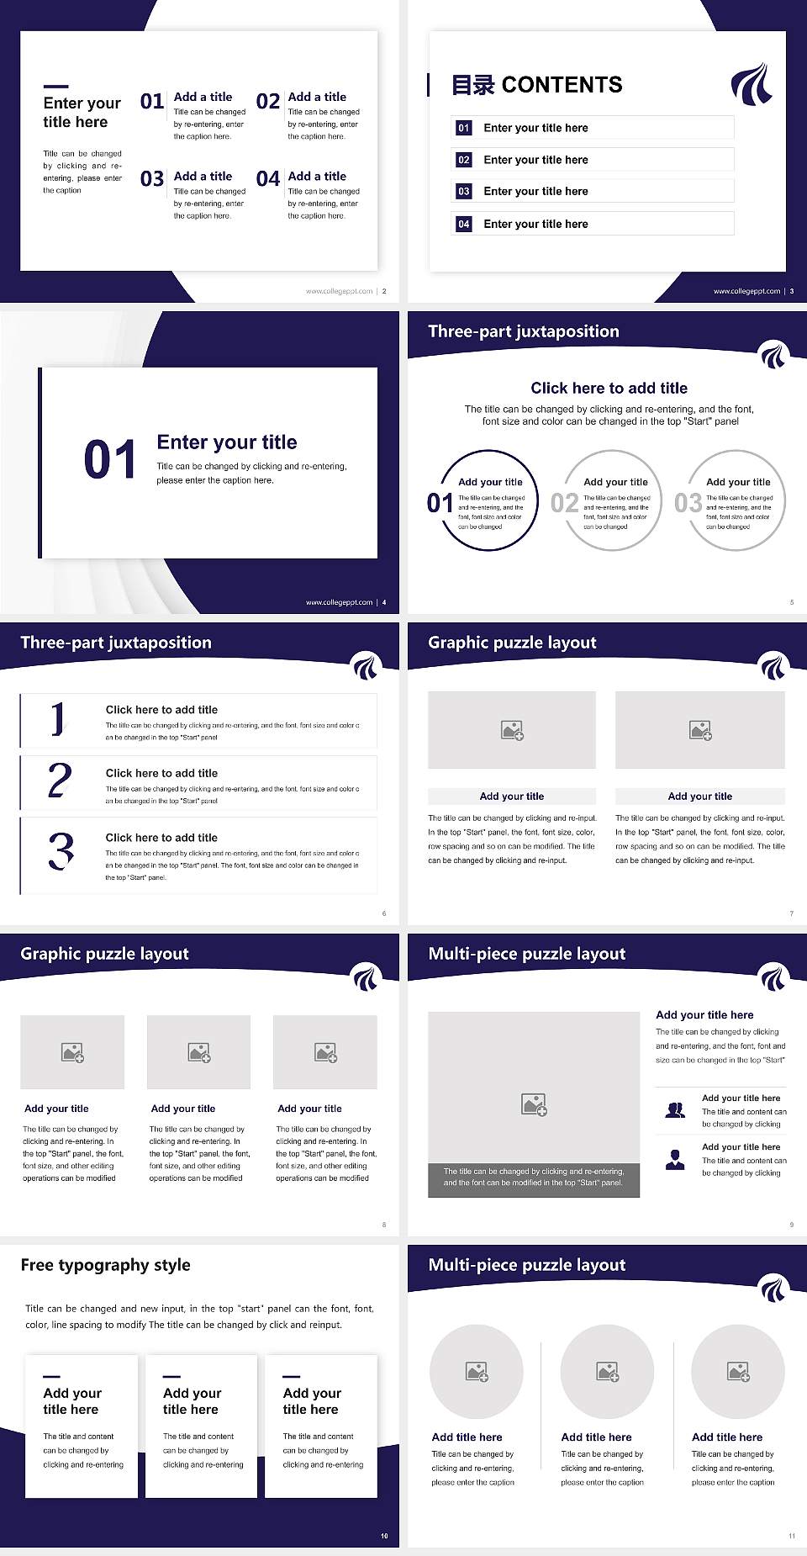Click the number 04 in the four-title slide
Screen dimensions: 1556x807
(x=268, y=179)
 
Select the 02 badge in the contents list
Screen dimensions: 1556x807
(x=463, y=160)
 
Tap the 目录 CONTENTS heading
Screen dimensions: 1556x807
(x=537, y=85)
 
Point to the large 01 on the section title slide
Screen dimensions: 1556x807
(x=109, y=460)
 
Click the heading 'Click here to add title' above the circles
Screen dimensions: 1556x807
(x=609, y=388)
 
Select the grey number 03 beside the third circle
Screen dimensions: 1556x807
(x=688, y=503)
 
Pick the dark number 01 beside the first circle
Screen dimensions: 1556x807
(x=440, y=503)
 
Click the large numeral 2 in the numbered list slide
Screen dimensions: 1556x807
(x=60, y=781)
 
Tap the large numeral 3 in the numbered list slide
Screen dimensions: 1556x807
(x=61, y=850)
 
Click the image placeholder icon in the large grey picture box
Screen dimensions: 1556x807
(x=534, y=1104)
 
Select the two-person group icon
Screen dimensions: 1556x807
(x=675, y=1110)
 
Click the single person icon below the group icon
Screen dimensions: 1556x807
(x=675, y=1160)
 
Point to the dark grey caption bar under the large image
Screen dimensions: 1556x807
(x=534, y=1178)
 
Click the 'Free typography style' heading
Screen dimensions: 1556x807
(x=106, y=1265)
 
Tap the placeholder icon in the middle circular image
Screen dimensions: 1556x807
(x=608, y=1372)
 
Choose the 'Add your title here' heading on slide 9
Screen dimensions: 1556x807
(x=704, y=1015)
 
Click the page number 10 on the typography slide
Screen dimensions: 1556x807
(x=384, y=1536)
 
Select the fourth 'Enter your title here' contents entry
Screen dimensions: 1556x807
(x=535, y=224)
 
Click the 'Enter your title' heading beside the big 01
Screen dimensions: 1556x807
(x=227, y=442)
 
